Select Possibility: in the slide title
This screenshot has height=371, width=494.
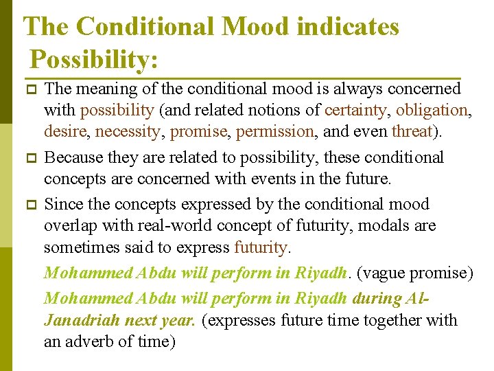(95, 59)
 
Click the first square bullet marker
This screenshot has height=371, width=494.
(29, 90)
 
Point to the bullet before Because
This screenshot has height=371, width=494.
(29, 158)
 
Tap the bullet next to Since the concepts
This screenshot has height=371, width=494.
(29, 205)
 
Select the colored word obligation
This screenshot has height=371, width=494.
(432, 111)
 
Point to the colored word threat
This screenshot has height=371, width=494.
(412, 131)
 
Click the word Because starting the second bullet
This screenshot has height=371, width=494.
(75, 157)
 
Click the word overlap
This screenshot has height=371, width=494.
(71, 226)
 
